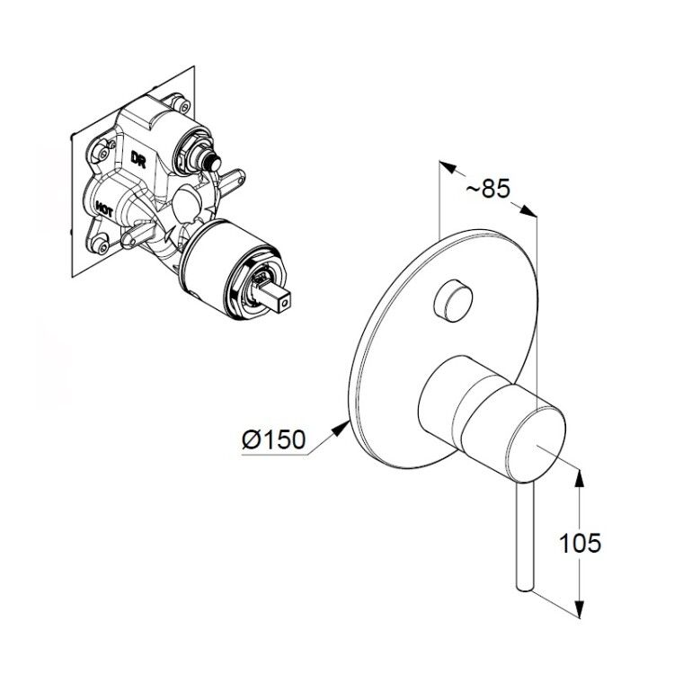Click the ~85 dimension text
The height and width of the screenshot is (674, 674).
[x=488, y=189]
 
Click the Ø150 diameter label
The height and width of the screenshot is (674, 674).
[x=274, y=439]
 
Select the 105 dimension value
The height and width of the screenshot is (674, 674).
[x=580, y=543]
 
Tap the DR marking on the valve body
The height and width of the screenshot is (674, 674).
[x=138, y=159]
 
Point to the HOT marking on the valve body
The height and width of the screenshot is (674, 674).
[x=104, y=211]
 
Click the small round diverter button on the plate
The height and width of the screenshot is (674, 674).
[x=454, y=300]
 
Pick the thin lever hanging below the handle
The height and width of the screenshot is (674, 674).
[x=525, y=537]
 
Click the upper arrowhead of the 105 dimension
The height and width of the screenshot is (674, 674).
[x=580, y=477]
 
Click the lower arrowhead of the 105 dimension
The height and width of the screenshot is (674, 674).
[x=580, y=608]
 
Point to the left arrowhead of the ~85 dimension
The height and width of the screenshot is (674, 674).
[x=447, y=167]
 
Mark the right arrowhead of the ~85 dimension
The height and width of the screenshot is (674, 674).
[x=528, y=211]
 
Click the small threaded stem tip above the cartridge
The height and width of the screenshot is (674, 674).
[x=211, y=163]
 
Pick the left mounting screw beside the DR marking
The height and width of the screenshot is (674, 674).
[x=102, y=150]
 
